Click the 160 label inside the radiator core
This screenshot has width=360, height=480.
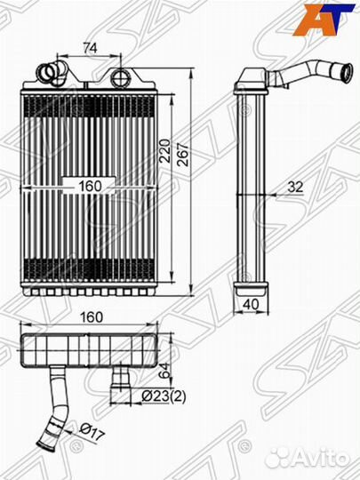coord(90,187)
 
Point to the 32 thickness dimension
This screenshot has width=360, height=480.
coord(293,187)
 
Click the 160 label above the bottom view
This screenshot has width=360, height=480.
coord(89,316)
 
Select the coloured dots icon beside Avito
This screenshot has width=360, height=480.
coord(278,457)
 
